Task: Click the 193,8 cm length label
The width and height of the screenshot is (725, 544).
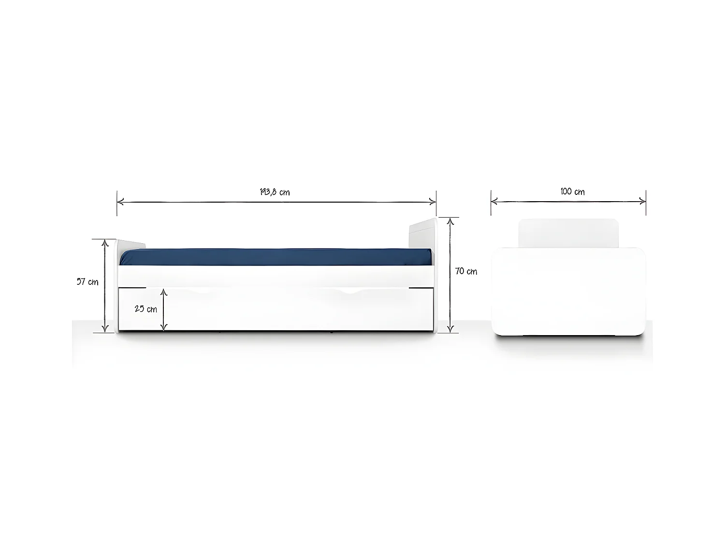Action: [275, 192]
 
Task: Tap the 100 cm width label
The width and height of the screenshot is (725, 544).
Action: [572, 191]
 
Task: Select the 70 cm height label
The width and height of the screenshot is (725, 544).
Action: [466, 271]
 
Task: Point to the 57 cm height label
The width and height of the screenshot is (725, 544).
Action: [87, 282]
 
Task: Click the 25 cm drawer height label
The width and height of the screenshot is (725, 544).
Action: [145, 309]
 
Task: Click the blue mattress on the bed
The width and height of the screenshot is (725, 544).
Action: [275, 257]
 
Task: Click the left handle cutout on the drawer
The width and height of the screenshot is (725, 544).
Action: [202, 291]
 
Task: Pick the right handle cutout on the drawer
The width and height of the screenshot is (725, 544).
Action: [354, 291]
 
